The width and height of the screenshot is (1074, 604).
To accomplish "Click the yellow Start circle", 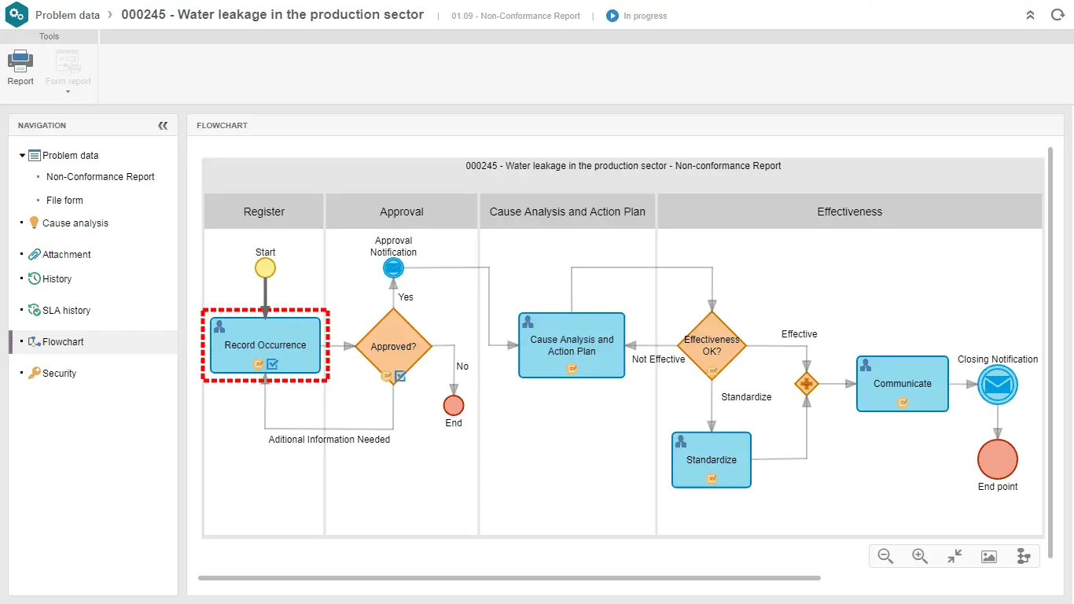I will (266, 268).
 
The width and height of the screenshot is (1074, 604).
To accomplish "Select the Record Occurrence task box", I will (265, 345).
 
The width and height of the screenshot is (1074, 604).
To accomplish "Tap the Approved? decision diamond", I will (393, 346).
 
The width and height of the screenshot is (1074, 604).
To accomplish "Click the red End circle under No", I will (454, 406).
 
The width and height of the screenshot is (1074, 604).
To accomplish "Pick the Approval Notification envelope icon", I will (393, 268).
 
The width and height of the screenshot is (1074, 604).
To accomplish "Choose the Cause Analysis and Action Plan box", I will (572, 345).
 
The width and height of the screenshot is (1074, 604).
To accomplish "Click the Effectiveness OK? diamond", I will (712, 345).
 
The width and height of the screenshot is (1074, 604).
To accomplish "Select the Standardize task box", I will (711, 459).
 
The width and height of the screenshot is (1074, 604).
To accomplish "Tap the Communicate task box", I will (902, 384).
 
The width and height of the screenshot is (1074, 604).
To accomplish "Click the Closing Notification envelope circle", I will (998, 385).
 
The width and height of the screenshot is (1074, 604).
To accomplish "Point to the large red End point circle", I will (998, 459).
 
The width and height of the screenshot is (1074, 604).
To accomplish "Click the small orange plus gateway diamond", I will (806, 384).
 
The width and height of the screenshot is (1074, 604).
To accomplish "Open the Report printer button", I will (20, 68).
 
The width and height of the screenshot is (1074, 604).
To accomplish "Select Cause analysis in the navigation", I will (75, 223).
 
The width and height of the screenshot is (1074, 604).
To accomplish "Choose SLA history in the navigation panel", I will (66, 311).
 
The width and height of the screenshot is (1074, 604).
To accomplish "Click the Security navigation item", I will (59, 374).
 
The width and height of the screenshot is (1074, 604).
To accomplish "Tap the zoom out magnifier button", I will (885, 556).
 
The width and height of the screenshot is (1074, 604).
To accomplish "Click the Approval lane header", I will (401, 212).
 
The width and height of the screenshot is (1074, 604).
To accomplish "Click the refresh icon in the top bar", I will (1057, 15).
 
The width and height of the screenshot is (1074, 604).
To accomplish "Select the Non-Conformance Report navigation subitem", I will (101, 177).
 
